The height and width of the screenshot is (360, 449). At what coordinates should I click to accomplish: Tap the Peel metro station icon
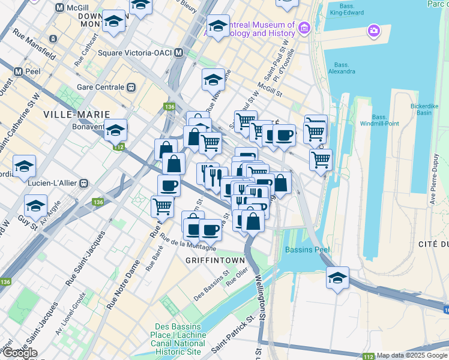[18, 71]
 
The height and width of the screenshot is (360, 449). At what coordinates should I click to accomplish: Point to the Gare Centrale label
[100, 87]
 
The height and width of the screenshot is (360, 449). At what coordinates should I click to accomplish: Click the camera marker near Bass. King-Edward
[374, 30]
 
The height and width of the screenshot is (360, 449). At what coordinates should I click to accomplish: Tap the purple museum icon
[304, 28]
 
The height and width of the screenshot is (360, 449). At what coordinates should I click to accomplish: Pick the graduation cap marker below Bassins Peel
[338, 278]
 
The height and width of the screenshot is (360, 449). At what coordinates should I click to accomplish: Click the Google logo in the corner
[20, 353]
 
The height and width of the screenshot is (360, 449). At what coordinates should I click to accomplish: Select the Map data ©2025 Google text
[411, 355]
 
